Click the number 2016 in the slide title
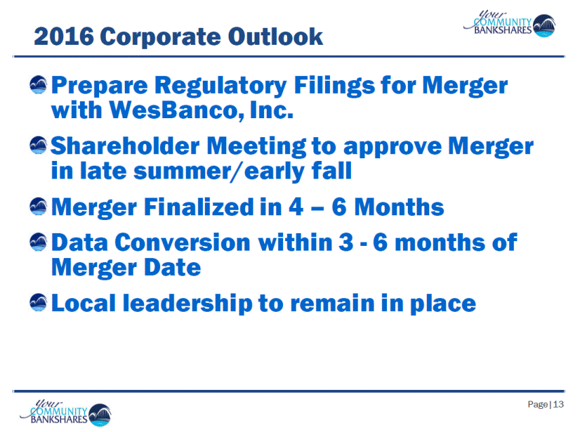click(x=64, y=37)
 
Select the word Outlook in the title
click(x=275, y=37)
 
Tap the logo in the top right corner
click(x=509, y=24)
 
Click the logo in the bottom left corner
click(x=65, y=412)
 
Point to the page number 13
click(x=558, y=404)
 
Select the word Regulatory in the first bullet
click(x=221, y=86)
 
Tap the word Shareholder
click(x=125, y=146)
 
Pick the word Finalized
click(x=199, y=207)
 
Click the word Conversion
click(x=183, y=242)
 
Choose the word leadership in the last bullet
click(x=187, y=304)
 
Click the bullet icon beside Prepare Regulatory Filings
click(x=38, y=85)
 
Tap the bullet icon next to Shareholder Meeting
click(x=38, y=145)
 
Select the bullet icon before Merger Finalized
click(x=38, y=206)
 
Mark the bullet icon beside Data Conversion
click(x=38, y=242)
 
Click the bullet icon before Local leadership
click(x=38, y=303)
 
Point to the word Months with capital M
click(x=399, y=207)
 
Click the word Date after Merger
click(x=172, y=267)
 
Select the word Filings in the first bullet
click(x=335, y=86)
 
